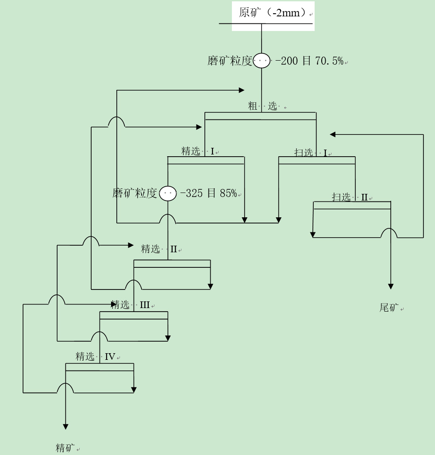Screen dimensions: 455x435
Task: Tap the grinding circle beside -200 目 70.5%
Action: click(x=262, y=60)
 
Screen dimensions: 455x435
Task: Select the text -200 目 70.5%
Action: click(x=309, y=61)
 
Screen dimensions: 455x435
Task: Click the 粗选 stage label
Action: click(x=262, y=106)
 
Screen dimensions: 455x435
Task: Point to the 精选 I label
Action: click(x=198, y=151)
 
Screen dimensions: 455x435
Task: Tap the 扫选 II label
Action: click(x=350, y=197)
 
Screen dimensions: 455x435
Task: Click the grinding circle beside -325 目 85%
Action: click(x=168, y=193)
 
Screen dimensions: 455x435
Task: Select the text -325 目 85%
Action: click(x=208, y=193)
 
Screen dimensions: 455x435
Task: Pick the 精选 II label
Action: click(x=159, y=249)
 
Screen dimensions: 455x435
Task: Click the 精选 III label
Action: click(x=131, y=305)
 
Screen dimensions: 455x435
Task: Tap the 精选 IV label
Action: click(x=95, y=356)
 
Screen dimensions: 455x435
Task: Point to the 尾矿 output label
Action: click(x=389, y=307)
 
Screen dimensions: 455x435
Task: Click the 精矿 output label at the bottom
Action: click(x=65, y=447)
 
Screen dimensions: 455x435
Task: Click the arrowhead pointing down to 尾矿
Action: click(x=391, y=286)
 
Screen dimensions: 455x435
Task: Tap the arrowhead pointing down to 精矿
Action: click(x=65, y=427)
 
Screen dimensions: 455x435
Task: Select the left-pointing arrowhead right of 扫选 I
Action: click(x=333, y=135)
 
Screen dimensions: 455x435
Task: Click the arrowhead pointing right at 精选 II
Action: click(x=131, y=245)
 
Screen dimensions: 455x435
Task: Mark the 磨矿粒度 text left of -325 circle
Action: click(x=135, y=193)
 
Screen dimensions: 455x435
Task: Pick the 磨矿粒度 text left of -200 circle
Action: click(x=230, y=61)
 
